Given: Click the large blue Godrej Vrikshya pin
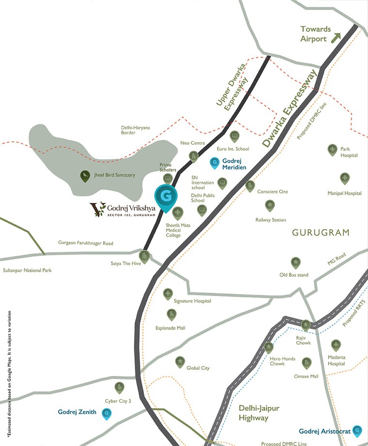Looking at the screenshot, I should (166, 197).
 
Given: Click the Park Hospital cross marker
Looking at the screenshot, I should (332, 149).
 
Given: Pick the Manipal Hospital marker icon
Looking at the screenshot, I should (344, 178).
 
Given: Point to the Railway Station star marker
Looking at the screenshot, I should (270, 206).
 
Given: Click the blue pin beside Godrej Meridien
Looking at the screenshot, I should (214, 163).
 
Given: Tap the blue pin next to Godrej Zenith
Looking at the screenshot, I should (107, 413).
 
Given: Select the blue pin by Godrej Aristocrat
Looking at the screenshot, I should (357, 430).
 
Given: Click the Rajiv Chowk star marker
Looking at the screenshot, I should (306, 324).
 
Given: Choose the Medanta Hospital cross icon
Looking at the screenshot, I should (336, 345).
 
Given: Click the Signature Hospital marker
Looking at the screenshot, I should (168, 294).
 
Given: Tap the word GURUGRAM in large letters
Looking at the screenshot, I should (321, 233).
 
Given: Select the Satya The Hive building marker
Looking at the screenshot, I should (144, 256).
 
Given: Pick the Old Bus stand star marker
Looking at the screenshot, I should (294, 263).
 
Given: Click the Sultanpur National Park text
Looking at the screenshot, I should (27, 270).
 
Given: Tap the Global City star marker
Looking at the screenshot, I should (180, 362).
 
